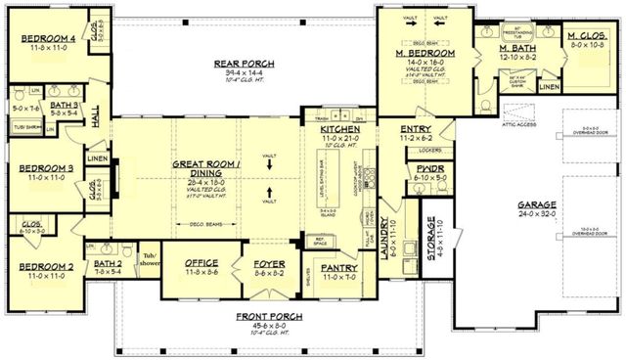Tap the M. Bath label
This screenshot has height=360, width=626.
tap(515, 48)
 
